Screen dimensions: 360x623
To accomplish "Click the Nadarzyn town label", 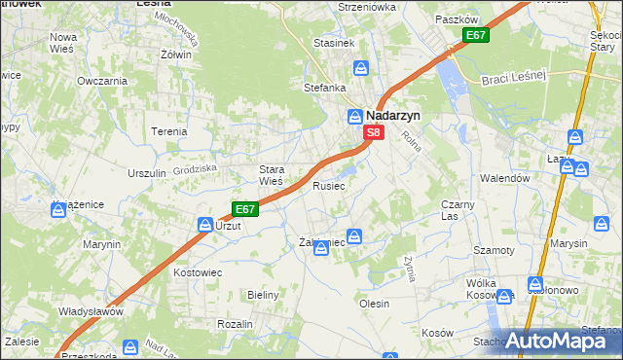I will click(x=394, y=114).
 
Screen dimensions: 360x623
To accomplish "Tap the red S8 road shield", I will click(x=373, y=132).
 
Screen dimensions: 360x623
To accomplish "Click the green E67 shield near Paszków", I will click(x=475, y=36).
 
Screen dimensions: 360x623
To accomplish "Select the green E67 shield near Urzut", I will click(x=244, y=208).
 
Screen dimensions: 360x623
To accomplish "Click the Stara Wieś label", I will click(x=271, y=175).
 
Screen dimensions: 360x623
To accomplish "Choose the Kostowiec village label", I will click(x=193, y=272).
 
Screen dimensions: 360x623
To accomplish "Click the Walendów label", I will click(x=504, y=178).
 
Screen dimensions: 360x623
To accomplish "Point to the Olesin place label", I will click(x=375, y=304).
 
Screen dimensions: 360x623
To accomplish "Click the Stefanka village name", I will click(x=325, y=88).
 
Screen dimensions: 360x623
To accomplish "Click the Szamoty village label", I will click(x=494, y=250).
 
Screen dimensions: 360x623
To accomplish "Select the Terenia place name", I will click(x=168, y=130).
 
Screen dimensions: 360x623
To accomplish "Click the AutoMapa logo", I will click(x=554, y=341).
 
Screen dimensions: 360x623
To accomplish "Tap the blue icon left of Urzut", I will click(x=205, y=225).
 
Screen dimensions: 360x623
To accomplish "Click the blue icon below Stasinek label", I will click(x=361, y=68).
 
